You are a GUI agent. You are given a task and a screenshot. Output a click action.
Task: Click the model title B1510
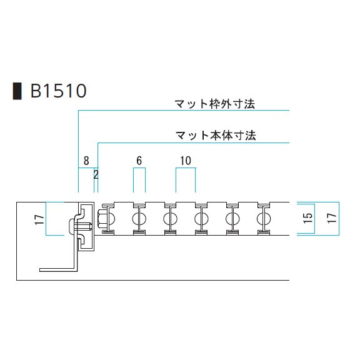tap(59, 91)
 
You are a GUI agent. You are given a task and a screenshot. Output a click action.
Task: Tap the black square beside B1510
tap(17, 91)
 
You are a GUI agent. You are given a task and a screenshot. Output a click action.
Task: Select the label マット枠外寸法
tap(215, 104)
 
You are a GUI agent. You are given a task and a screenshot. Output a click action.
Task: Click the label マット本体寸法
tap(216, 135)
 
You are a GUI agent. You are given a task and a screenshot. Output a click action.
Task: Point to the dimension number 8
tap(86, 161)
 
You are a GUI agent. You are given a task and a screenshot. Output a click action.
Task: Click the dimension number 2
tap(96, 175)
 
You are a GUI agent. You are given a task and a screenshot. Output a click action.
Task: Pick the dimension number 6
tap(139, 161)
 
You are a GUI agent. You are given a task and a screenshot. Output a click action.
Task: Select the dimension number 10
tap(186, 161)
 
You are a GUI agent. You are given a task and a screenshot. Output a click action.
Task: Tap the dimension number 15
tap(308, 218)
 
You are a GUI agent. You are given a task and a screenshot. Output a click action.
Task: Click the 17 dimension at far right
tap(332, 218)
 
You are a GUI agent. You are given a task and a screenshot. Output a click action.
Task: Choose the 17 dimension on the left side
tap(39, 219)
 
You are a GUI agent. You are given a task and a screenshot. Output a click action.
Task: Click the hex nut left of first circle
tap(101, 219)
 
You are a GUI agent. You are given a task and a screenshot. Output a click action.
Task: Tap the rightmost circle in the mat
tap(264, 219)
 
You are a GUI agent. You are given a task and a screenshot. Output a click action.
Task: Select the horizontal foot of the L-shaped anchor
tap(57, 270)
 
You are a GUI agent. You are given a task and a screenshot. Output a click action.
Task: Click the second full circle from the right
tap(232, 219)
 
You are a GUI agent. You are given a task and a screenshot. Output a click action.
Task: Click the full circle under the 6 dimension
tap(139, 219)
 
